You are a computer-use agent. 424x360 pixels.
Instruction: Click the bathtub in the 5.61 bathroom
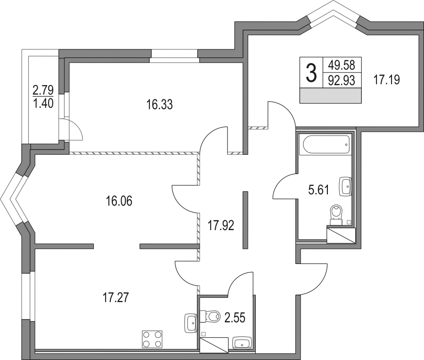tap(326, 144)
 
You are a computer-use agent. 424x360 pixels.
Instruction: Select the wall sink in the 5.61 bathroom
tap(345, 186)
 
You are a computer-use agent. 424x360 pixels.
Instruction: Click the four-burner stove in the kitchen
tap(152, 339)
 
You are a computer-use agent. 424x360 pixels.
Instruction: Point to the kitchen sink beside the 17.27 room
tap(191, 323)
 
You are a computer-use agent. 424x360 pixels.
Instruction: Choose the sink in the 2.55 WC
tap(242, 343)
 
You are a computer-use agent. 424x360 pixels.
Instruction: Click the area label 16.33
tap(159, 104)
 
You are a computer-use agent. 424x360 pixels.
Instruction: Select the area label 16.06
tap(119, 201)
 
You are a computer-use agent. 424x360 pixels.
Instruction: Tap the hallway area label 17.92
tap(220, 225)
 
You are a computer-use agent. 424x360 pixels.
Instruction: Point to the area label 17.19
tap(386, 80)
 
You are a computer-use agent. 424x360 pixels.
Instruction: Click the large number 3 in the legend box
tap(311, 72)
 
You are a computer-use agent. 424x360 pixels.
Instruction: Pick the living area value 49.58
tap(341, 65)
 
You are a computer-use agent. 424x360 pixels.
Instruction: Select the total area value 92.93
tap(341, 80)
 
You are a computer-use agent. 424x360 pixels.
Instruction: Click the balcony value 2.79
tap(43, 90)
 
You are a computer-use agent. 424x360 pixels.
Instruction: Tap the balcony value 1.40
tap(43, 103)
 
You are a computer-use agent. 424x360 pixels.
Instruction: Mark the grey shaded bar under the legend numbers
tap(331, 96)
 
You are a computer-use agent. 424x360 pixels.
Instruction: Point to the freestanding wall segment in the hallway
tap(245, 220)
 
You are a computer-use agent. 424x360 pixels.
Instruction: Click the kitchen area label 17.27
tap(116, 298)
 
